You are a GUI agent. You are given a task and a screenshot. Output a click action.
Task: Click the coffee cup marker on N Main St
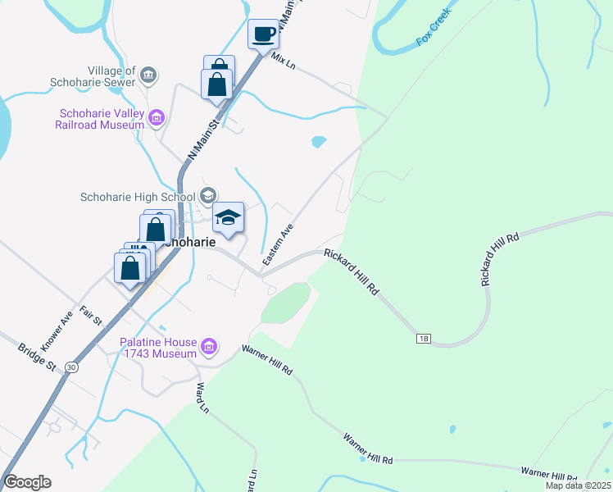point(263,35)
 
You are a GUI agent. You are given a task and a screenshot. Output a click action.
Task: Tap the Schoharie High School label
point(137,197)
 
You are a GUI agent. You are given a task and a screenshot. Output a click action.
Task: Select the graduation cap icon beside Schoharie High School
point(207,196)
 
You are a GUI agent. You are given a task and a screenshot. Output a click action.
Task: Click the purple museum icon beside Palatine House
point(209,348)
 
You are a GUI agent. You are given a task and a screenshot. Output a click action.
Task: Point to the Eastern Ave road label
point(277,245)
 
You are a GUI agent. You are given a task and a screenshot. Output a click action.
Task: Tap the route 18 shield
point(423,338)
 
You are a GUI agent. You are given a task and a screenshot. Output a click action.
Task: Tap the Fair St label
point(90,316)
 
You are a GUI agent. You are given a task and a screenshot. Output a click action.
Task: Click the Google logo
point(27,482)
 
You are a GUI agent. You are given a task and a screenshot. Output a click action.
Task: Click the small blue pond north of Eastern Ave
point(318,142)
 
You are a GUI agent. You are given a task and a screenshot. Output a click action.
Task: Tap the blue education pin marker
point(229,218)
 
